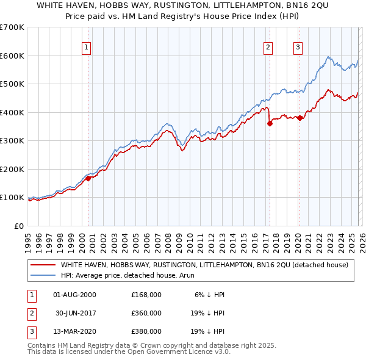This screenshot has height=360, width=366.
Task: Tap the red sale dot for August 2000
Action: click(x=88, y=178)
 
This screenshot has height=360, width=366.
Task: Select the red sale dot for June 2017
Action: click(x=270, y=123)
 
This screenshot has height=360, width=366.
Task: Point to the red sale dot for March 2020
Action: click(x=300, y=118)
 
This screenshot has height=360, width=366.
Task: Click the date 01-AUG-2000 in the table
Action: click(x=75, y=295)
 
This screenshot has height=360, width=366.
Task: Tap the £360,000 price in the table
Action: click(x=146, y=313)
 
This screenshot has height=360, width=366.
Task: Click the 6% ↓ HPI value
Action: click(x=210, y=295)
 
